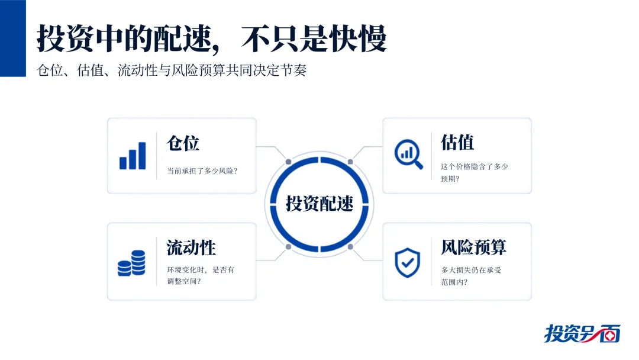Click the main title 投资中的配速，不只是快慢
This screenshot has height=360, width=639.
211,38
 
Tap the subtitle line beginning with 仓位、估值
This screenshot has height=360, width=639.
172,70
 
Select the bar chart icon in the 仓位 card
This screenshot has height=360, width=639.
133,156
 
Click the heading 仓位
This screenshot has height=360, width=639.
183,143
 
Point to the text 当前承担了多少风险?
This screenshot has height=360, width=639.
202,171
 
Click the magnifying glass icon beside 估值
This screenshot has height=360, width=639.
408,154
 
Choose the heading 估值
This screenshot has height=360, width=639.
457,142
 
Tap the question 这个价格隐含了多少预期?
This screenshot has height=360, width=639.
475,172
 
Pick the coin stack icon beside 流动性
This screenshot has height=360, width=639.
131,263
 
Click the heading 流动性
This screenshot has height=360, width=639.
191,247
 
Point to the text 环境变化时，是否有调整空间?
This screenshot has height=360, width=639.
201,275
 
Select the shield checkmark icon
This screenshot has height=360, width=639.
408,263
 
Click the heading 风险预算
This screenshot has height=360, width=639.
473,247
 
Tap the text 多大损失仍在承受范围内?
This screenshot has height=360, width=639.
471,276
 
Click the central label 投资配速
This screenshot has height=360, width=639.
319,204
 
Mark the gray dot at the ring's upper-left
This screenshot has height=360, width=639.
289,162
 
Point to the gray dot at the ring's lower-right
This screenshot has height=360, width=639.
350,247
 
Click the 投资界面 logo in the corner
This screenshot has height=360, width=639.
582,333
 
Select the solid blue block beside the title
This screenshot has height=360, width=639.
12,38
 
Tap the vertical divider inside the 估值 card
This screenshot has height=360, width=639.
431,156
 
